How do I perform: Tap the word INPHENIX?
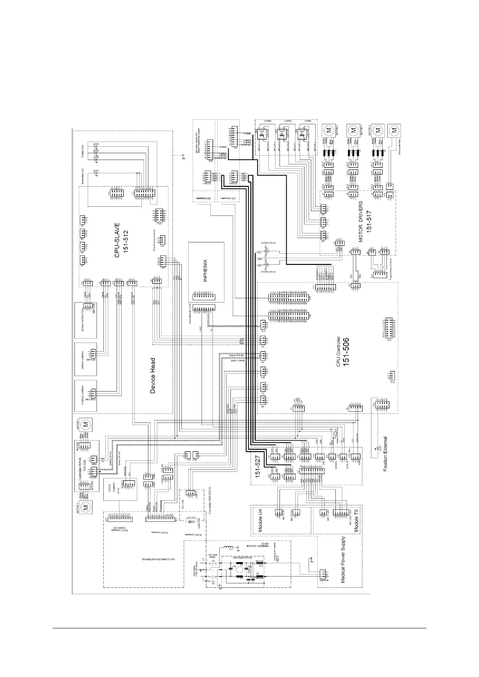206,272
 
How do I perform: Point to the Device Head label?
153,376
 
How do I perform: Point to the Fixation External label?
385,454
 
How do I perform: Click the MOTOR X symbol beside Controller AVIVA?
85,508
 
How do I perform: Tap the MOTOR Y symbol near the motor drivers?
353,130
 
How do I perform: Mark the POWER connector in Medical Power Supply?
323,574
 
